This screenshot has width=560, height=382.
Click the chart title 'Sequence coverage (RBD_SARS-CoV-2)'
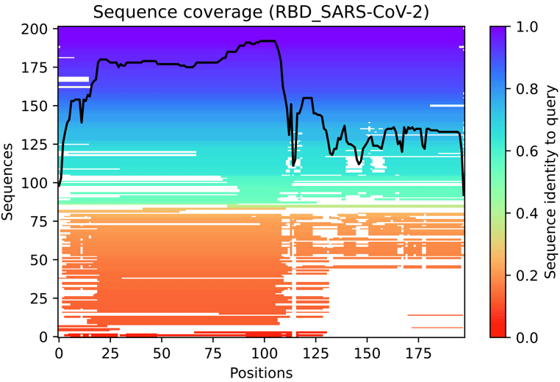(261, 11)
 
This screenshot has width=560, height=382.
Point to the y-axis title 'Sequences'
(10, 182)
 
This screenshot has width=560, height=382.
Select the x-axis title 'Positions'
(261, 372)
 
